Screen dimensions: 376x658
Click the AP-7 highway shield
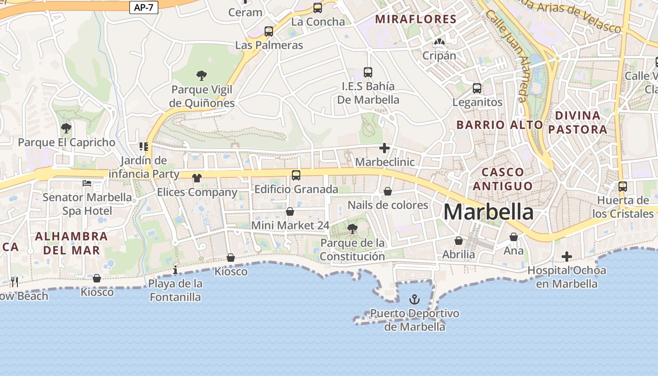pyautogui.click(x=144, y=7)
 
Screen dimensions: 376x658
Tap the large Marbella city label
pyautogui.click(x=488, y=212)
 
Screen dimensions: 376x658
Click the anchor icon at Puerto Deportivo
pyautogui.click(x=415, y=299)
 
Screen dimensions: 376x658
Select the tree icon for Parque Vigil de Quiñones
pyautogui.click(x=202, y=75)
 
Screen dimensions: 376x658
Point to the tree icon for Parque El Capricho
pyautogui.click(x=66, y=128)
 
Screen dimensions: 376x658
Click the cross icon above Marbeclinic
pyautogui.click(x=384, y=149)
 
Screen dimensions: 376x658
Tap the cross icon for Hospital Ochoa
pyautogui.click(x=567, y=257)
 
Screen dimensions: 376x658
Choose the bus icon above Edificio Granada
pyautogui.click(x=296, y=175)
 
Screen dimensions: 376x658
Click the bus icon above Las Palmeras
pyautogui.click(x=269, y=31)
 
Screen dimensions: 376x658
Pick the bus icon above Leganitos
pyautogui.click(x=477, y=88)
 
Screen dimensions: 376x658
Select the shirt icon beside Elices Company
pyautogui.click(x=197, y=178)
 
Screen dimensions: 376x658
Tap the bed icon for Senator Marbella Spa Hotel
pyautogui.click(x=87, y=183)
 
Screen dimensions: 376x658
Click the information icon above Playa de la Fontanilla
pyautogui.click(x=175, y=270)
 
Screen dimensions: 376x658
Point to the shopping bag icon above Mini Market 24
pyautogui.click(x=290, y=212)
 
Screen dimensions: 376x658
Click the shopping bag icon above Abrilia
pyautogui.click(x=459, y=241)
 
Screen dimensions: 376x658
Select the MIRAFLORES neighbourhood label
pyautogui.click(x=416, y=19)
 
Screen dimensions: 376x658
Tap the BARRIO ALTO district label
pyautogui.click(x=500, y=125)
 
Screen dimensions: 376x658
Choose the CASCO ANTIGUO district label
pyautogui.click(x=502, y=179)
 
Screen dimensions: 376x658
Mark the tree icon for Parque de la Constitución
pyautogui.click(x=352, y=229)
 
